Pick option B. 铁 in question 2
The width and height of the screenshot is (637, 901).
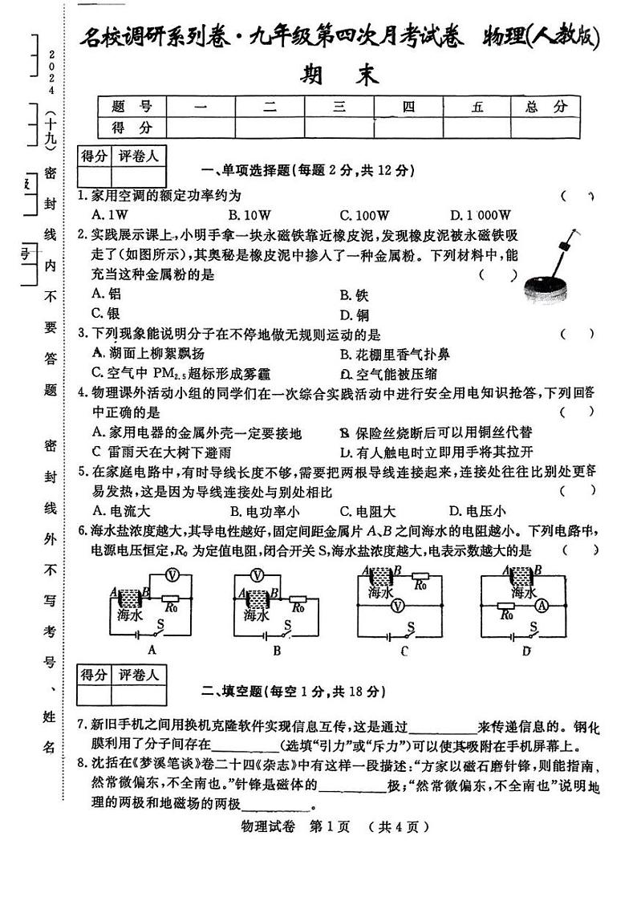[354, 294]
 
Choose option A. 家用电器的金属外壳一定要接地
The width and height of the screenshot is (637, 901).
[197, 432]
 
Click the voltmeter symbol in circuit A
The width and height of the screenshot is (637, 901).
[170, 574]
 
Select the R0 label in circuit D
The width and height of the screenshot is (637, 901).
[506, 615]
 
